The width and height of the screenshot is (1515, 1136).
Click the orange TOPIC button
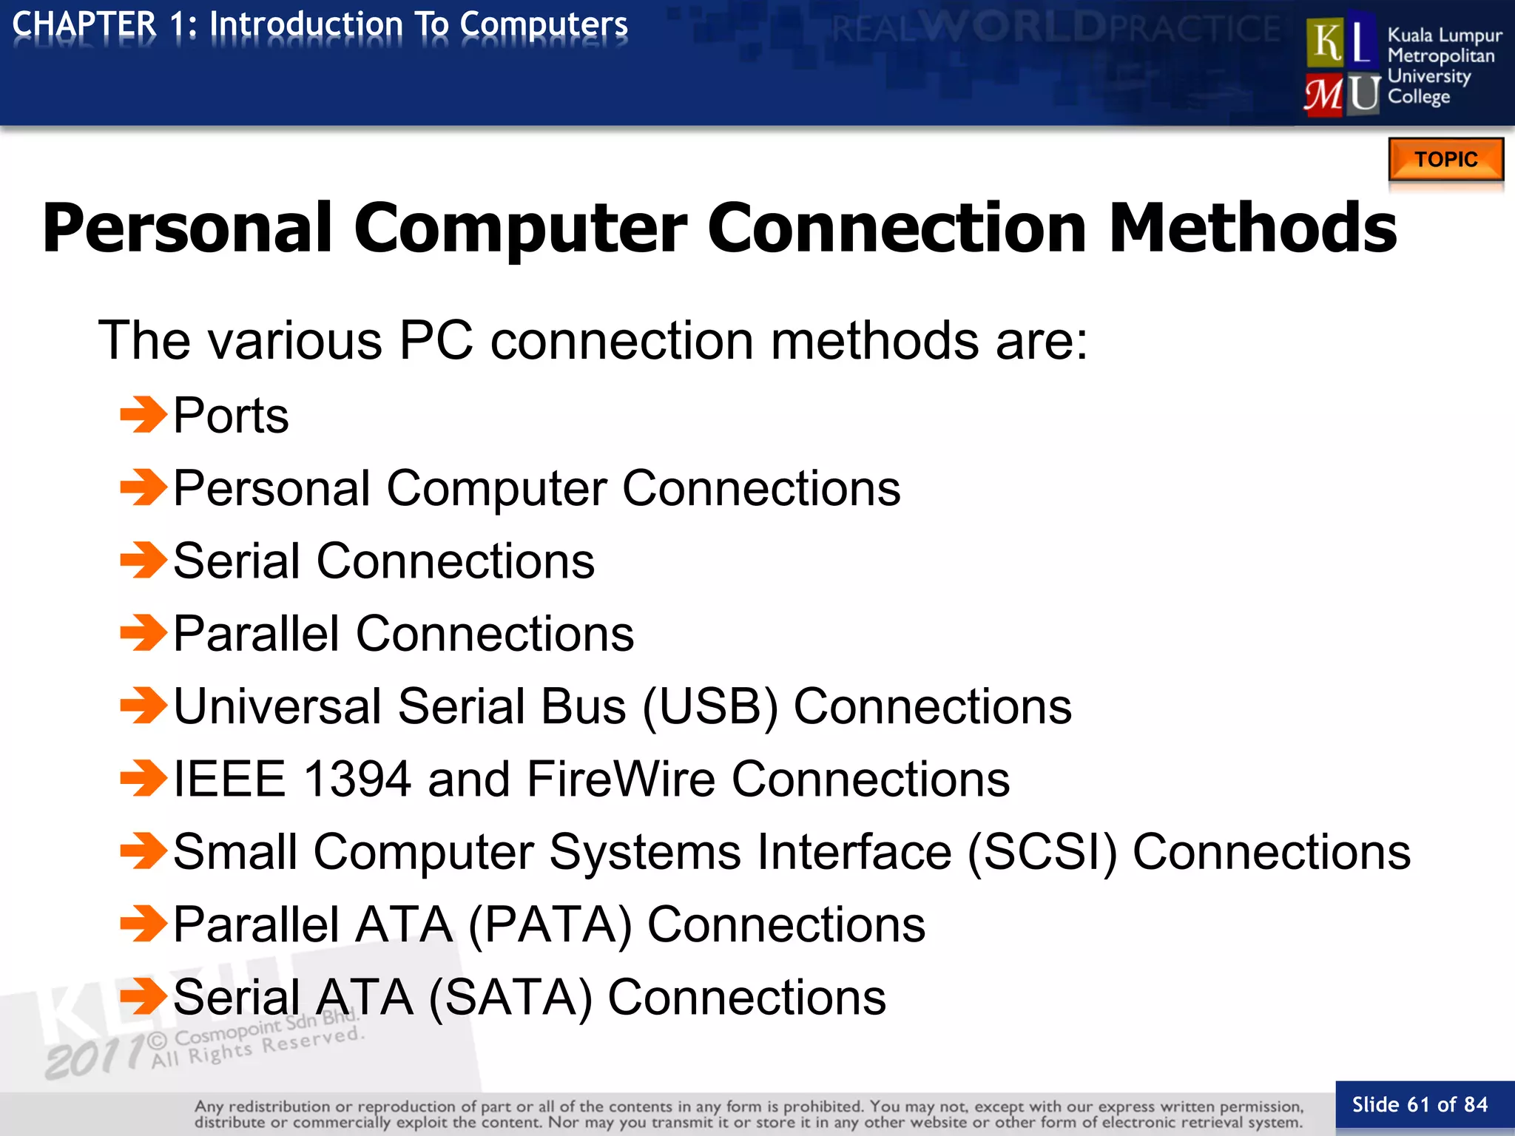(x=1445, y=159)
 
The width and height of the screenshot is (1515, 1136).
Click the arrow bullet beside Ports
(x=144, y=414)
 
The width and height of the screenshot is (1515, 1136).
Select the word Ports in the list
(x=231, y=416)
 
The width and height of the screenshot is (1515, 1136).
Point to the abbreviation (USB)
(x=710, y=707)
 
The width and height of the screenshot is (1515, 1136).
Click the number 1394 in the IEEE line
(x=357, y=780)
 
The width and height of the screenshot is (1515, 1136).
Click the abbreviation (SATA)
(x=510, y=998)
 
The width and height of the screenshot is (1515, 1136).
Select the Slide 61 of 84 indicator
(x=1420, y=1105)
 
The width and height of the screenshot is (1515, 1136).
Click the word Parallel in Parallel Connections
(x=256, y=635)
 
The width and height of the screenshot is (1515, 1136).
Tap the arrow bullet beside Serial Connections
(x=144, y=560)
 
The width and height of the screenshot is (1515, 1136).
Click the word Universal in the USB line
(x=277, y=707)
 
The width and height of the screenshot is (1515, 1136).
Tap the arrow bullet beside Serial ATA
(x=144, y=996)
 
